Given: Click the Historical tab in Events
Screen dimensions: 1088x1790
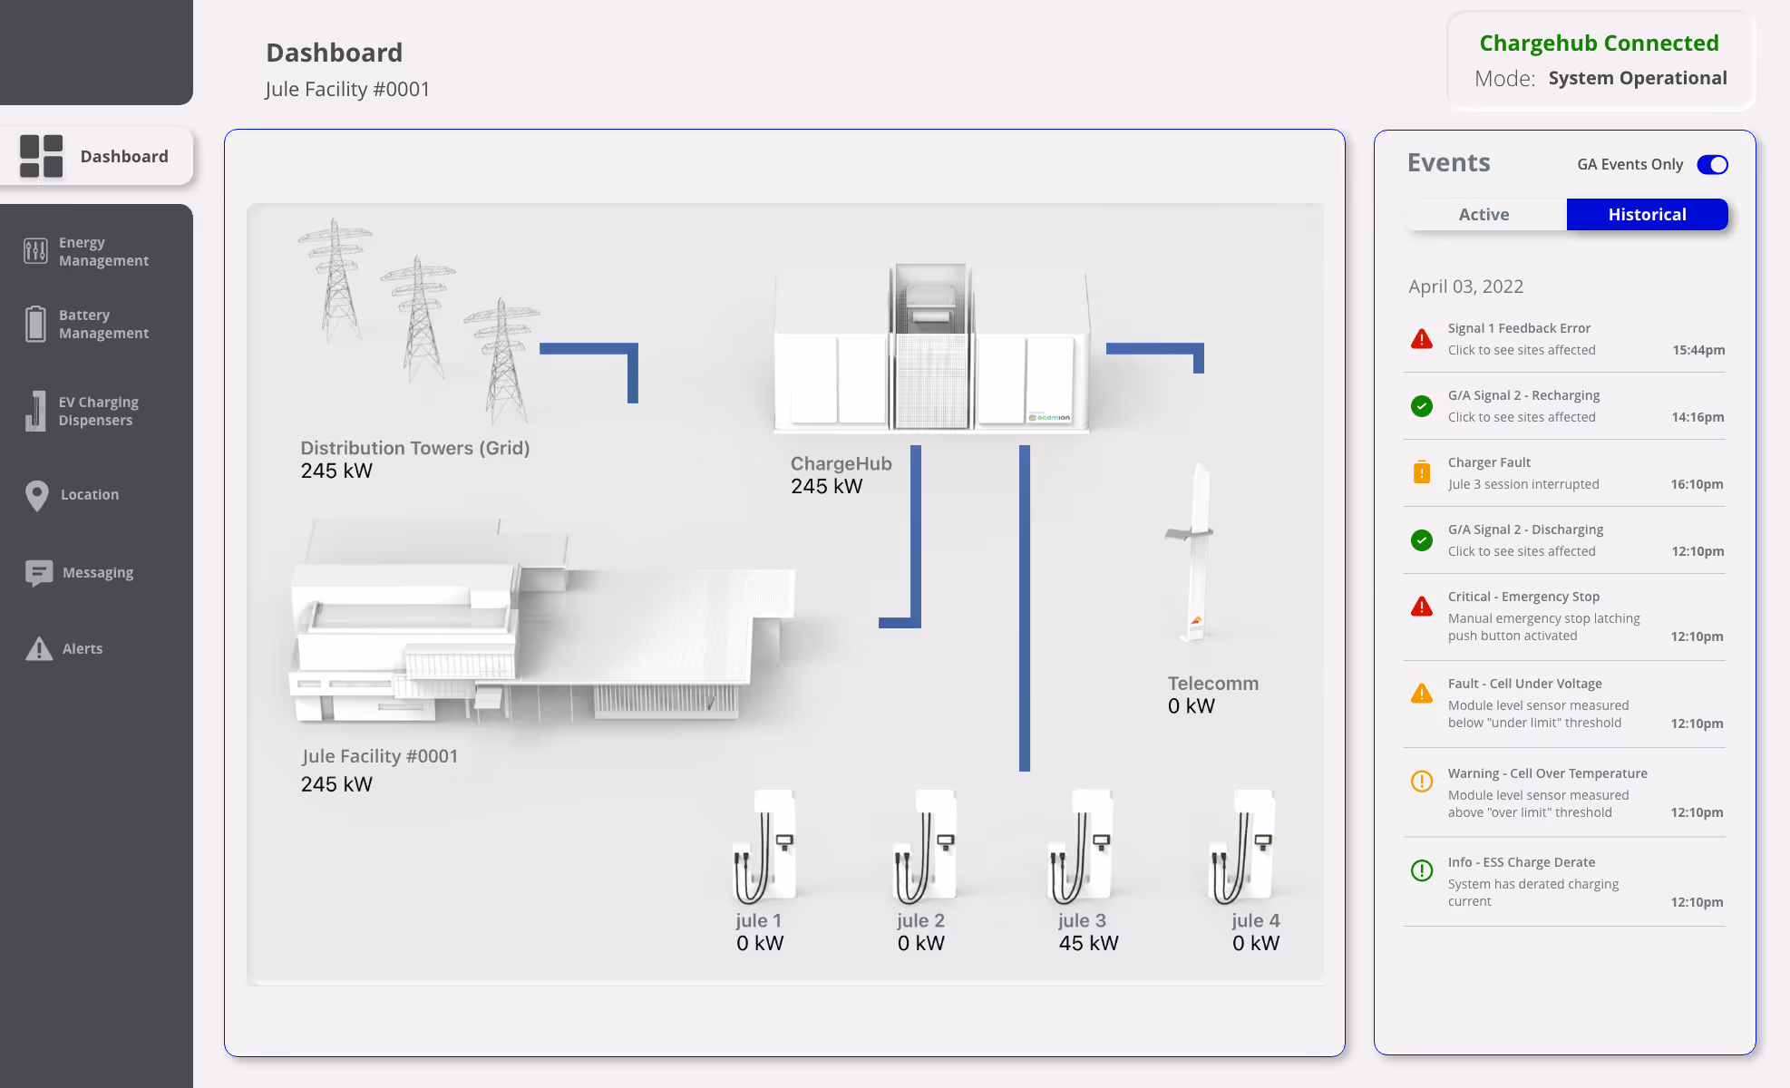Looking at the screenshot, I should pos(1647,215).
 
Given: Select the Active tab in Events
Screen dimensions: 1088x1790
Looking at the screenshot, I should pos(1484,215).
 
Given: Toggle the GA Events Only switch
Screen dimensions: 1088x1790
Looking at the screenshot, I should pos(1712,165).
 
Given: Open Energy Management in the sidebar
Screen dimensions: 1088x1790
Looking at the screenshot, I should pos(103,251).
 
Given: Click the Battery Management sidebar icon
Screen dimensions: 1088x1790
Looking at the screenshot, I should pos(35,324).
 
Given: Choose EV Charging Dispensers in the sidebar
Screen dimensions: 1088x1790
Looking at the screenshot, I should pos(98,411).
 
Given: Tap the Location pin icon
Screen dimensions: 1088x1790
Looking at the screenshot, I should pos(37,495).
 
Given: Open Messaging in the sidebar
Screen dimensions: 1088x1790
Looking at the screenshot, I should pos(97,573).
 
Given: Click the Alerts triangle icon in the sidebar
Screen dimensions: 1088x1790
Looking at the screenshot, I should pos(39,649).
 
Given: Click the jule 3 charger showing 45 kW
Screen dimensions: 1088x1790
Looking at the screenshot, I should pos(1081,848).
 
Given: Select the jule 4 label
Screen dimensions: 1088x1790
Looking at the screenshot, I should pos(1256,920).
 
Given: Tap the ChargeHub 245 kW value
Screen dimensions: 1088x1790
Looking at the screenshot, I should pos(826,487).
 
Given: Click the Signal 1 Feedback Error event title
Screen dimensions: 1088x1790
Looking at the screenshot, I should pos(1519,328).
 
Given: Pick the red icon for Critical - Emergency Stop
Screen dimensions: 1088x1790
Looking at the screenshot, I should pos(1422,607).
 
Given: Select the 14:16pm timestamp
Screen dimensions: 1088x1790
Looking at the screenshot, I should pos(1698,417).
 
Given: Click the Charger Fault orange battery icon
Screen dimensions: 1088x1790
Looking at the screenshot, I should pos(1422,471).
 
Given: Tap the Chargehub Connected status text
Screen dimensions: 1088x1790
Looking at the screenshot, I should pos(1599,44).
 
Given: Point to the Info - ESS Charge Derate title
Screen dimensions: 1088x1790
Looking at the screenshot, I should pos(1521,862).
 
